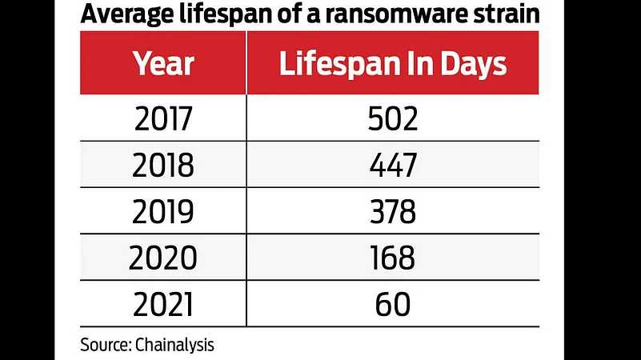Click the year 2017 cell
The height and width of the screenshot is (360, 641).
point(164,120)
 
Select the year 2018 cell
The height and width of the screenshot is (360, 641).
point(164,166)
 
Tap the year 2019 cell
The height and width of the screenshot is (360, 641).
point(164,212)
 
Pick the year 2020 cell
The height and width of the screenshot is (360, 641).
point(164,258)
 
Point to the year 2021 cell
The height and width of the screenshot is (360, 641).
point(164,304)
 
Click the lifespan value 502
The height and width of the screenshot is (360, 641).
point(392,120)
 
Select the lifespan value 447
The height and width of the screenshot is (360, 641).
point(392,166)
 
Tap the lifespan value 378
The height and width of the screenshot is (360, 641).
point(392,212)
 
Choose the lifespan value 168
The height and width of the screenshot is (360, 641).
point(392,258)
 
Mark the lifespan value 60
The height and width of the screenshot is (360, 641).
point(392,304)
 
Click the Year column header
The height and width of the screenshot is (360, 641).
point(164,65)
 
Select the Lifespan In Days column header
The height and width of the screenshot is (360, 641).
point(392,65)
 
